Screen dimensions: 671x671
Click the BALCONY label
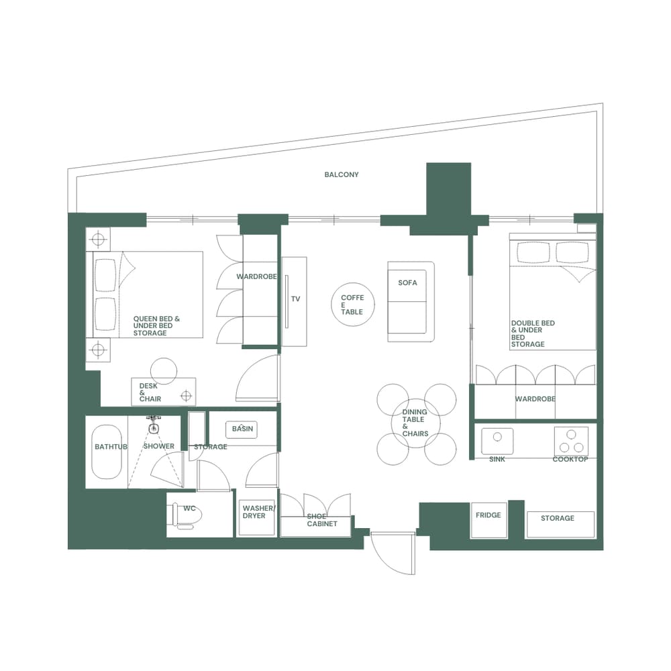pyautogui.click(x=342, y=174)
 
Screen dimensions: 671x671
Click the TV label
pyautogui.click(x=295, y=299)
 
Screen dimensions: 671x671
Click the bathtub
pyautogui.click(x=107, y=451)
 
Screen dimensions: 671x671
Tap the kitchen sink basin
pyautogui.click(x=497, y=441)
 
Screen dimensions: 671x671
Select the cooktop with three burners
pyautogui.click(x=571, y=441)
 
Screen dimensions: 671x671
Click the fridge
pyautogui.click(x=488, y=520)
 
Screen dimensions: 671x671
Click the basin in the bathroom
pyautogui.click(x=242, y=429)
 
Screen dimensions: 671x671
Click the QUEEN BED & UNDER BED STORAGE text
pyautogui.click(x=156, y=326)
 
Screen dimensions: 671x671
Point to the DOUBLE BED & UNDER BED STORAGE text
pyautogui.click(x=533, y=333)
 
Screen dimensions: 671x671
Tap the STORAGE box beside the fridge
pyautogui.click(x=560, y=523)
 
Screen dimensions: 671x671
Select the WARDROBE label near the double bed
pyautogui.click(x=535, y=399)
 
